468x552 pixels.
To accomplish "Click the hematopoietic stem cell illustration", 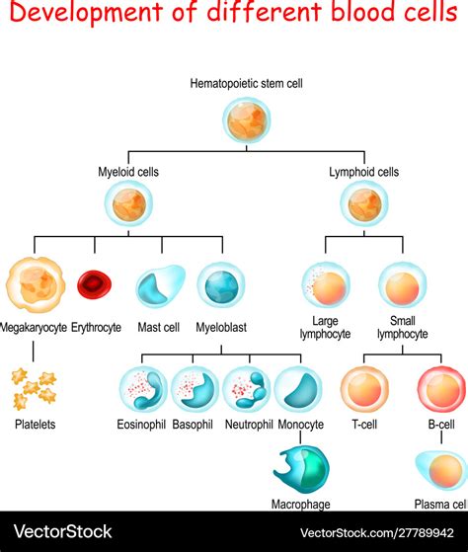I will coord(247,121).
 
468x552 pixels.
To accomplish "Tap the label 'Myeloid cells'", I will coord(129,172).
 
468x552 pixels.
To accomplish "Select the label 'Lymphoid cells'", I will coord(364,172).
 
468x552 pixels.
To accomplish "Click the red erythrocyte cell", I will coord(95,285).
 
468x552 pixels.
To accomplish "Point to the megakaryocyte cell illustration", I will coord(34,285).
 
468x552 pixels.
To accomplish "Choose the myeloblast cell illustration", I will coord(221,286).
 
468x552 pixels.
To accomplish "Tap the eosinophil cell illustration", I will coord(143,389).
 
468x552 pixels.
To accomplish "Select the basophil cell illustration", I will coord(195,389).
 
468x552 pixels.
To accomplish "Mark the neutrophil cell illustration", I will coord(246,389).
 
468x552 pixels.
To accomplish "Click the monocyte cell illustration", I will coord(298,389).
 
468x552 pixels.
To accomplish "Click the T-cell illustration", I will coord(364,389).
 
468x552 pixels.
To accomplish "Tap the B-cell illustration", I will coord(439,389).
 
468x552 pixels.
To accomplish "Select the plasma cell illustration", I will coord(439,470).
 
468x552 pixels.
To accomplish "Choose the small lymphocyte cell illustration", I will coord(403,286).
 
